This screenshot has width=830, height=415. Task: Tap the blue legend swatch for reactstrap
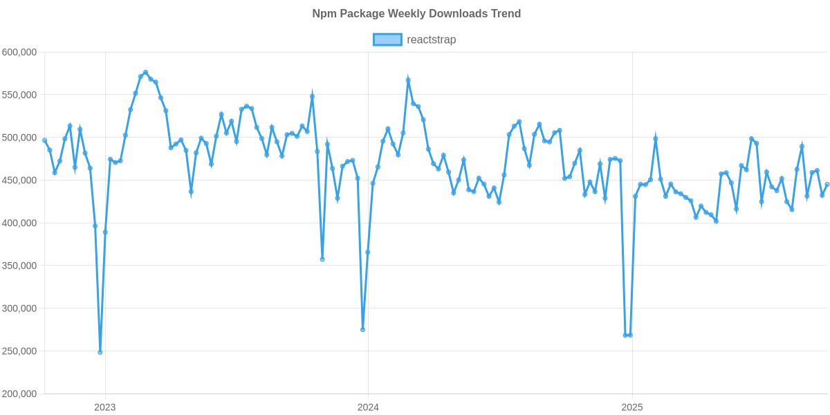[x=387, y=39]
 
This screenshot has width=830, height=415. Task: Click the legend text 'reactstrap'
[x=431, y=39]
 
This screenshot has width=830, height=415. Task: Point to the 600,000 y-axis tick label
[x=19, y=52]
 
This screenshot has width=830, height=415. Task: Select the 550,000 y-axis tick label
[x=19, y=95]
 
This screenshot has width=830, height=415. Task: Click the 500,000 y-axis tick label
[x=19, y=138]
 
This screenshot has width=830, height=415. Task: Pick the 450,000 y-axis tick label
[x=19, y=181]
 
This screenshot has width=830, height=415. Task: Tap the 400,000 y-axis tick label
[x=19, y=223]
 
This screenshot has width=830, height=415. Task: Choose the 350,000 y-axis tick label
[x=19, y=266]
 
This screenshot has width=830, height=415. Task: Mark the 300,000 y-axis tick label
[x=19, y=308]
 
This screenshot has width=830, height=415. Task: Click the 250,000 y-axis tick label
[x=19, y=351]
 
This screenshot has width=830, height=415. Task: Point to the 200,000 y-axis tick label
[x=19, y=394]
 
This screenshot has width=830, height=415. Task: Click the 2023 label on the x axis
[x=104, y=407]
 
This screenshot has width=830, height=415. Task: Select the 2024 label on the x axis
[x=368, y=407]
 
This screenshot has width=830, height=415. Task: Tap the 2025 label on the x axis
[x=631, y=407]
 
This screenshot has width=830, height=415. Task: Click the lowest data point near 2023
[x=100, y=352]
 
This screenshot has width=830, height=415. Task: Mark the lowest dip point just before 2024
[x=362, y=330]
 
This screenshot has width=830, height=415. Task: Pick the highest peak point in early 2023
[x=145, y=72]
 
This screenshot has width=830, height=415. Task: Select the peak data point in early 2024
[x=408, y=80]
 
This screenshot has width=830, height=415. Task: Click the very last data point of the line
[x=827, y=184]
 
